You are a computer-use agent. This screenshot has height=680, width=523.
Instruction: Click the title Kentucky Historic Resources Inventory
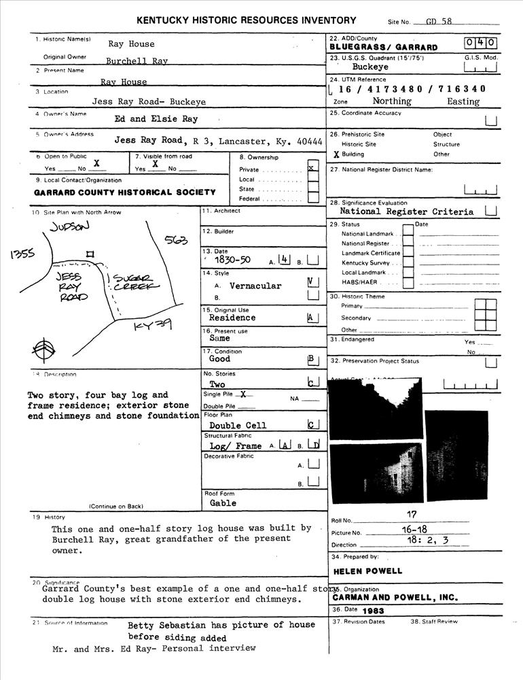246,20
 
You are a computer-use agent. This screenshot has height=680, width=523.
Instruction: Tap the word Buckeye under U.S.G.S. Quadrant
371,68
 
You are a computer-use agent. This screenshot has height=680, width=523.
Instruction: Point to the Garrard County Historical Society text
125,192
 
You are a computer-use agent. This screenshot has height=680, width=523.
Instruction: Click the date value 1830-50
232,260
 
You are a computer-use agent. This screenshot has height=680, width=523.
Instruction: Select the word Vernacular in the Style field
255,286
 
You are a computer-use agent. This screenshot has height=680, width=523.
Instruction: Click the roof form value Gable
223,503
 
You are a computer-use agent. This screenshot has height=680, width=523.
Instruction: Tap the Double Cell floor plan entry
238,426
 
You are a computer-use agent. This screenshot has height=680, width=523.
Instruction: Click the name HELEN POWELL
367,571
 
